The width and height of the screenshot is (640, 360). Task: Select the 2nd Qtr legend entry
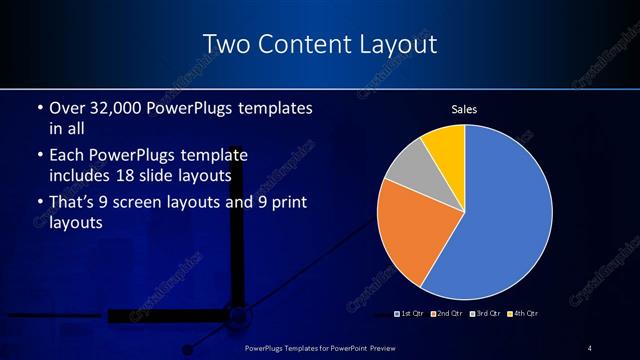[447, 314]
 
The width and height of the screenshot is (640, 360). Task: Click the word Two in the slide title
[225, 45]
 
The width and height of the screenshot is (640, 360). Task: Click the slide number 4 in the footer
[590, 348]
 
